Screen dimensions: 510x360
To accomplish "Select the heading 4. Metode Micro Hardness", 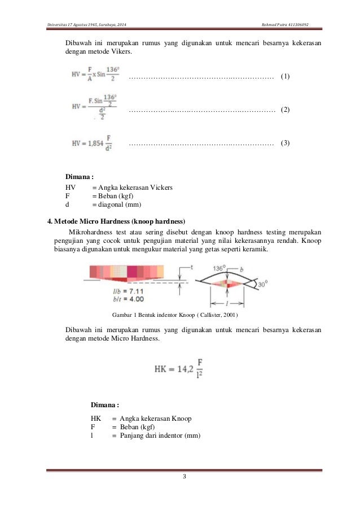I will click(x=116, y=220).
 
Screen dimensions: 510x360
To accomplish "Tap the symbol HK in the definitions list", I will click(x=95, y=418).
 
